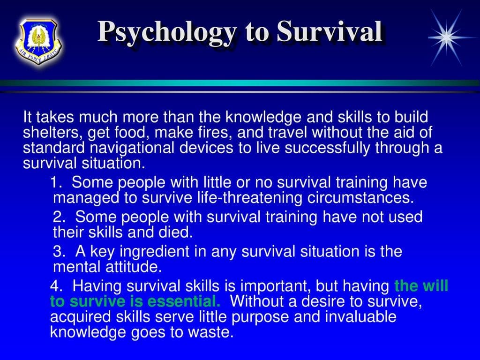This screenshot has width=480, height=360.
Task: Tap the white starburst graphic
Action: pos(445,35)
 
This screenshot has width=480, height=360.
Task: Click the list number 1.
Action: pos(57,182)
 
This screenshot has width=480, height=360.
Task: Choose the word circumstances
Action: pos(360,197)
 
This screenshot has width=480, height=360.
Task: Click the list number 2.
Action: pos(59,217)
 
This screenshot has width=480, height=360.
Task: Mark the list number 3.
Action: pos(59,252)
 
